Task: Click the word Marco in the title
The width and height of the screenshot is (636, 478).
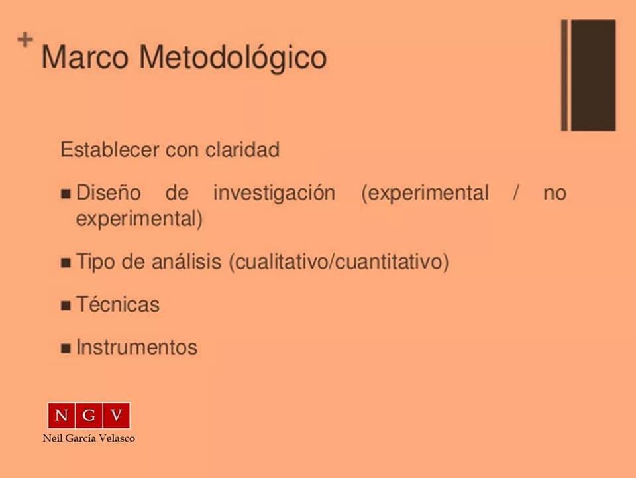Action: click(85, 57)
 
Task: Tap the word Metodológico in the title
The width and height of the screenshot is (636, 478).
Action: click(233, 59)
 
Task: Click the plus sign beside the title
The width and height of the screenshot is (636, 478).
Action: click(25, 40)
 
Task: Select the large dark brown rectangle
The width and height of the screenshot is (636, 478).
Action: click(594, 75)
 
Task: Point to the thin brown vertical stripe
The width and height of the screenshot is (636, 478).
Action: click(564, 75)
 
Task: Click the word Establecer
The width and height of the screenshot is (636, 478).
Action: click(109, 149)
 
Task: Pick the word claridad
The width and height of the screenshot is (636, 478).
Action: click(242, 149)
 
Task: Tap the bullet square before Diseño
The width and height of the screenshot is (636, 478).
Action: click(66, 193)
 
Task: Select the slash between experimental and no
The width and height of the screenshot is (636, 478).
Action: click(516, 193)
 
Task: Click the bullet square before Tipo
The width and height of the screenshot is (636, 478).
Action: click(66, 263)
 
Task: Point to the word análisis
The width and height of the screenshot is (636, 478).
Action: click(187, 261)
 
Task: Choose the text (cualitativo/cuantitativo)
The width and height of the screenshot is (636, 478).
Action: click(339, 262)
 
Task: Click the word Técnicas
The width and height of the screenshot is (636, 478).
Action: click(118, 304)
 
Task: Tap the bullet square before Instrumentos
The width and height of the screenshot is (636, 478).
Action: click(66, 348)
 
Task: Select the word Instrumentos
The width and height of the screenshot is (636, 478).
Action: click(137, 347)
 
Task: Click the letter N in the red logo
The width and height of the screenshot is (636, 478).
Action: click(61, 416)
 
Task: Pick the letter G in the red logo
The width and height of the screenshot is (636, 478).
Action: click(89, 416)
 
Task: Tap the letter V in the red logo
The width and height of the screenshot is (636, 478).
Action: click(117, 416)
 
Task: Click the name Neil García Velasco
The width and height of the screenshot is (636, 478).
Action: click(89, 438)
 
